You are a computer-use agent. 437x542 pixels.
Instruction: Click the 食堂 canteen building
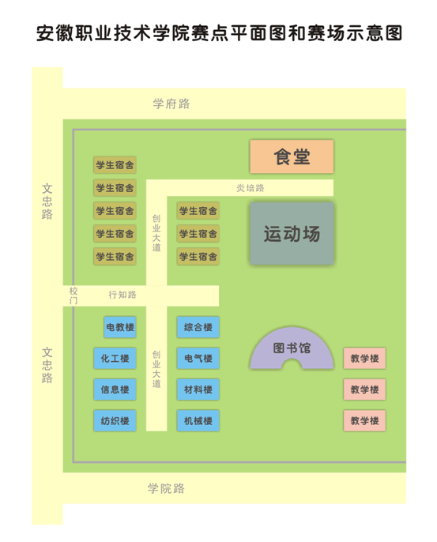[x=292, y=156]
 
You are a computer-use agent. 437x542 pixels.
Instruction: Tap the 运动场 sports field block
[x=292, y=234]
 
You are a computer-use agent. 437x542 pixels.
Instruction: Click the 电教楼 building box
[x=120, y=327]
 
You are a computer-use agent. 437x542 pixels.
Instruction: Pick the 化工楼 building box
[x=115, y=358]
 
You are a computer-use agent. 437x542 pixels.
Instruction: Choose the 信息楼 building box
[x=115, y=390]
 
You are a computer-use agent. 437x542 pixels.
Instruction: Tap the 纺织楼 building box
[x=115, y=420]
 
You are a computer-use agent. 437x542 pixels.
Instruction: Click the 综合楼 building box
[x=198, y=327]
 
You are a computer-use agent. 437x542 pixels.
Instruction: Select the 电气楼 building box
[x=198, y=358]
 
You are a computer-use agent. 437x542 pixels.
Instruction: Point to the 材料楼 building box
[x=198, y=390]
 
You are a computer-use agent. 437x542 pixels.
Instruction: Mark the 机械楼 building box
[x=198, y=420]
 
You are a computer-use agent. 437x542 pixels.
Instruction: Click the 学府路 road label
[x=171, y=104]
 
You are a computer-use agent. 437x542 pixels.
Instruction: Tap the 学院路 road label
[x=166, y=488]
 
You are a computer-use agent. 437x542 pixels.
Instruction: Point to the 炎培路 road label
[x=251, y=188]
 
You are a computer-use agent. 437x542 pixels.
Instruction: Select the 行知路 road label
[x=122, y=295]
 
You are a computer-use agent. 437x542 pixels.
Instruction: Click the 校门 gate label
[x=73, y=295]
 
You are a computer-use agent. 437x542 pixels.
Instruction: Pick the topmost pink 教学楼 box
[x=364, y=358]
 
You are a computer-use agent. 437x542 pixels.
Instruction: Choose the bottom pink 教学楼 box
[x=364, y=420]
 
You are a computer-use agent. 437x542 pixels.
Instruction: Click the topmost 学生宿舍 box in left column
[x=115, y=165]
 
